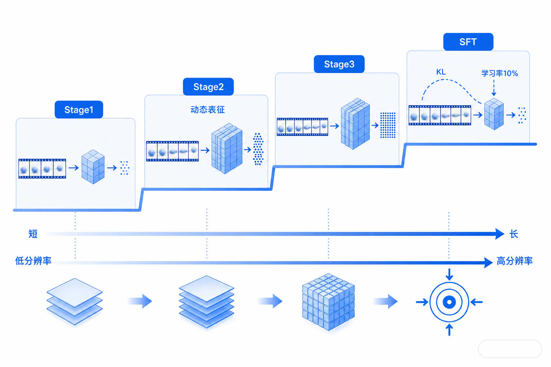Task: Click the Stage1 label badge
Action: pos(79,110)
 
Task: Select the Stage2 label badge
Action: pos(208,87)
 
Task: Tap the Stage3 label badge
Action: pos(339,64)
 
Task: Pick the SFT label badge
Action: pos(468,42)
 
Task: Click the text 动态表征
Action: pos(208,110)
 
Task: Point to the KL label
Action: pos(441,72)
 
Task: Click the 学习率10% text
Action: pos(500,73)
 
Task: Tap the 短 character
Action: pos(33,234)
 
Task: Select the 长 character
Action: pos(514,234)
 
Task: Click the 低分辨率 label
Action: pos(33,261)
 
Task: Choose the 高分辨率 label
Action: pos(515,261)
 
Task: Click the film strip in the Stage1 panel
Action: pos(42,169)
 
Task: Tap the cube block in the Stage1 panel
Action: pos(93,167)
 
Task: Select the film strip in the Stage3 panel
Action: pos(302,127)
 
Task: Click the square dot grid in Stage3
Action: pos(388,125)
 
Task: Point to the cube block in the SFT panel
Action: pos(494,114)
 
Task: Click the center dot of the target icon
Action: pos(449,302)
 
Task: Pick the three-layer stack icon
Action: pos(75,302)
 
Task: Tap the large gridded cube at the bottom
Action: pos(328,302)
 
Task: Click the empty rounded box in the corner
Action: pos(510,349)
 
